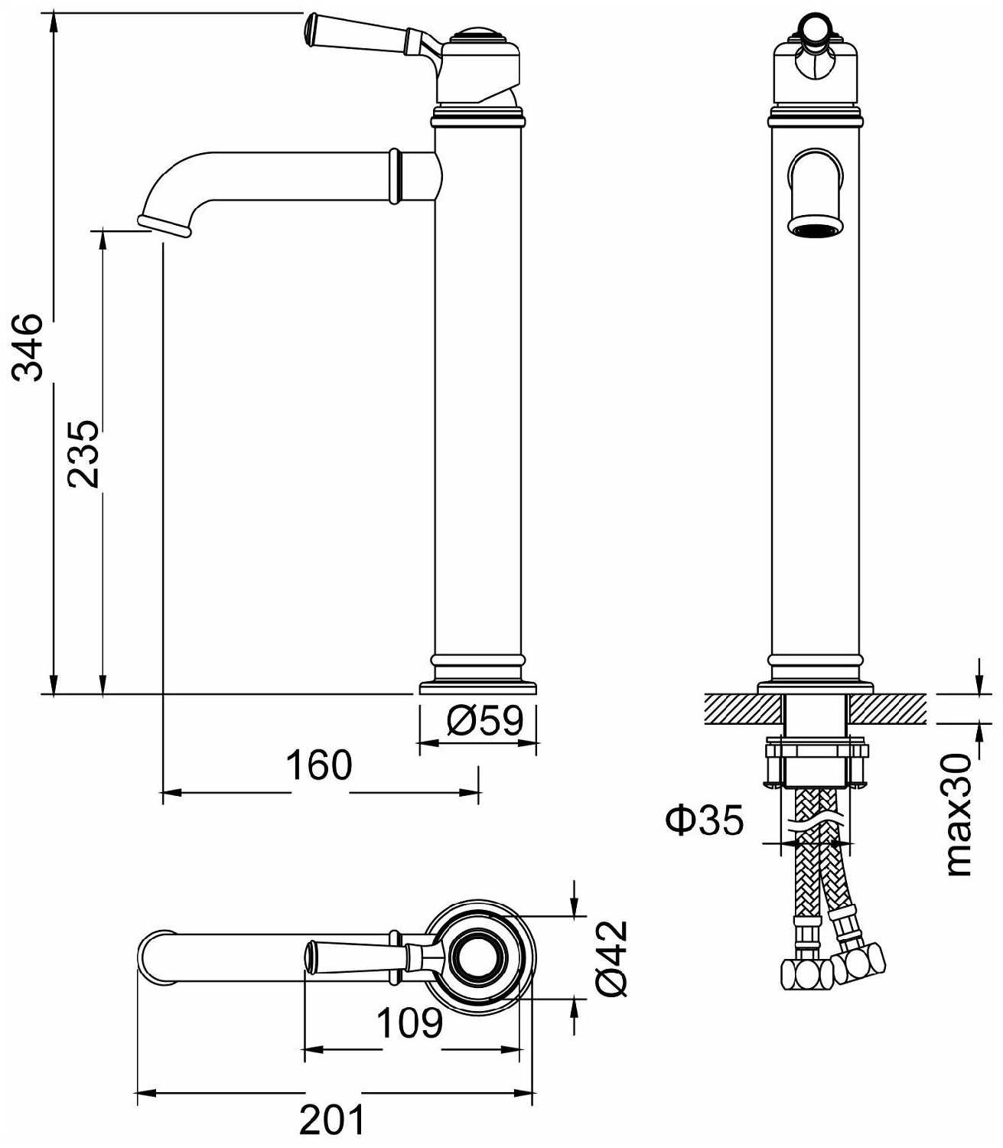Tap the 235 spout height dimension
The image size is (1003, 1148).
coord(83,453)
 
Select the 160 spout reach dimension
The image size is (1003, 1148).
coord(319,765)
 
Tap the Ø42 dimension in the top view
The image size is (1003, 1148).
coord(612,957)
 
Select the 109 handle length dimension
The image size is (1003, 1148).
coord(410,1022)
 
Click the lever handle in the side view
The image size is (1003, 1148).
coord(360,35)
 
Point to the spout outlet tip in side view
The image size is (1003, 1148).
coord(164,224)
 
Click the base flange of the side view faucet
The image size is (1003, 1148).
coord(478,687)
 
